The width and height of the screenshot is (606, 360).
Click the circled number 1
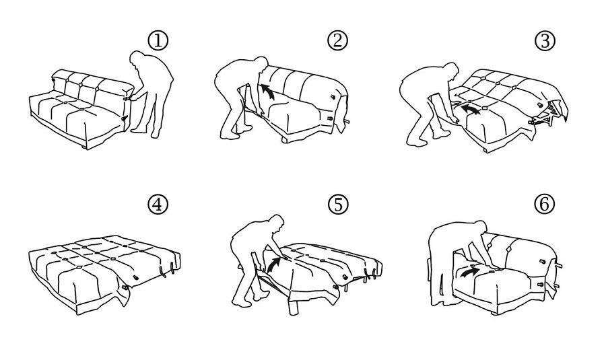158,40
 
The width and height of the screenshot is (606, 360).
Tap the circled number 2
338,40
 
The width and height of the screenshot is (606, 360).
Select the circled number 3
545,41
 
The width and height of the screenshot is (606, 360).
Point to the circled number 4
158,205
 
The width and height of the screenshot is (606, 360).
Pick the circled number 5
338,205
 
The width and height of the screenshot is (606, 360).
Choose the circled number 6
544,204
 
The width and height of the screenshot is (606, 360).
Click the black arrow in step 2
267,92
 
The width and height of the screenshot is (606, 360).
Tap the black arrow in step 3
471,108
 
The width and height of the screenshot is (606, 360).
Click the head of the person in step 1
137,58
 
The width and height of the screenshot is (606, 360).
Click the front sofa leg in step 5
295,306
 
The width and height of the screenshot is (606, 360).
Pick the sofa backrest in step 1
91,85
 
